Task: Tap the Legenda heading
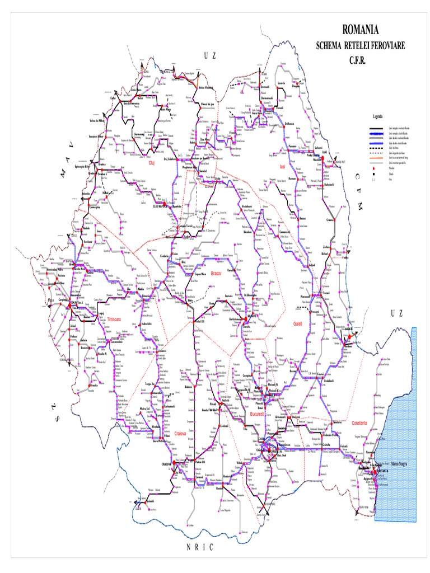(378, 116)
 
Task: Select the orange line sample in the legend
(376, 161)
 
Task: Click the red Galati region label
(297, 324)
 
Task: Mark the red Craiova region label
(180, 434)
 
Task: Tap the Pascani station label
(292, 146)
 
